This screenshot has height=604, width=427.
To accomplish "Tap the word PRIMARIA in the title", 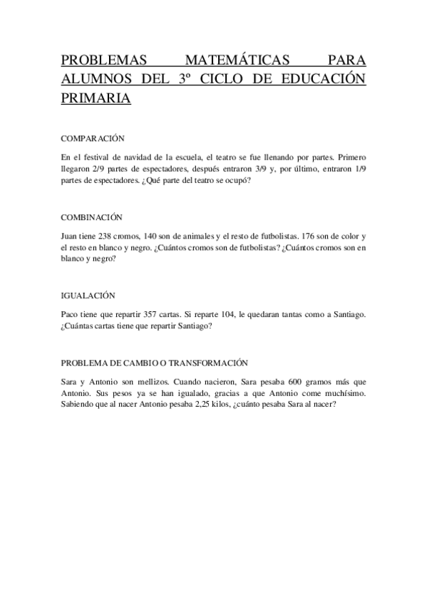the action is pos(96,98).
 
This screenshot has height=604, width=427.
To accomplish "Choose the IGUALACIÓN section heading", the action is pos(88,295).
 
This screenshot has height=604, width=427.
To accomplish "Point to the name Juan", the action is pos(70,234).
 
